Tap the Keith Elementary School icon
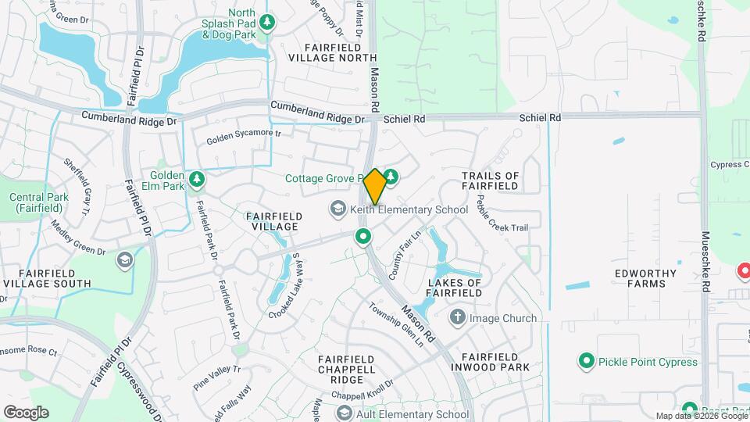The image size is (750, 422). click(x=337, y=209)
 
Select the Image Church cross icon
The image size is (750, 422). click(x=457, y=318)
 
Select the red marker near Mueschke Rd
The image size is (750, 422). click(x=744, y=271)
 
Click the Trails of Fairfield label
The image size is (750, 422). click(x=490, y=181)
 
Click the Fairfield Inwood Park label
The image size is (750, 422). click(x=490, y=361)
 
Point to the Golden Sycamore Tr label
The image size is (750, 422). click(x=243, y=138)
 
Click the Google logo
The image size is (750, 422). click(x=26, y=412)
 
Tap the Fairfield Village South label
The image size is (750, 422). click(x=46, y=277)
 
